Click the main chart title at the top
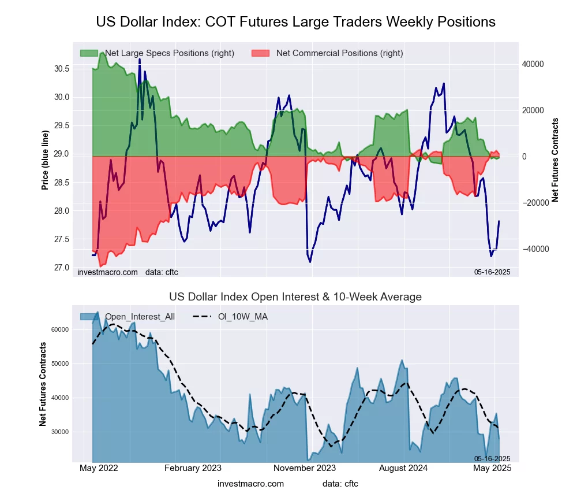pos(295,22)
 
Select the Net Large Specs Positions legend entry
pos(169,53)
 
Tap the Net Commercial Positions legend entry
pos(339,53)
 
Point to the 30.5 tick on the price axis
pos(62,69)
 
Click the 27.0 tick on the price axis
pos(62,268)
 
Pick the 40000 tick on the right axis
pos(533,64)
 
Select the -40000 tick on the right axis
pos(532,249)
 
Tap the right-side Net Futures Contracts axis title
pos(555,160)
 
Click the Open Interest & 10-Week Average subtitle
pos(295,297)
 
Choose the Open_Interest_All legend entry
pos(140,317)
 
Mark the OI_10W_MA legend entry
pos(242,317)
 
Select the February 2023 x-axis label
pos(193,469)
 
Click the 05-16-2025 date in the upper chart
pos(492,272)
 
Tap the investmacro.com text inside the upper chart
pos(108,272)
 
